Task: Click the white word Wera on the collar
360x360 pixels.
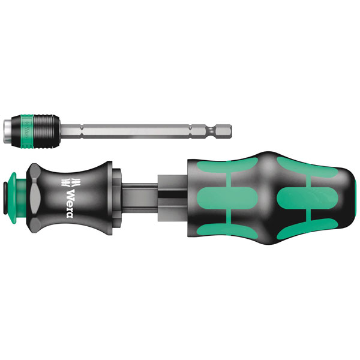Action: point(70,203)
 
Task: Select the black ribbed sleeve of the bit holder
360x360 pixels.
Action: point(47,131)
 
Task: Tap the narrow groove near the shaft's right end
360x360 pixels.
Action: point(212,131)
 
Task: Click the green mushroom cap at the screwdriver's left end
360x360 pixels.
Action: point(14,198)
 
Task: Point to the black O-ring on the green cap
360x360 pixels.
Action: point(5,199)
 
